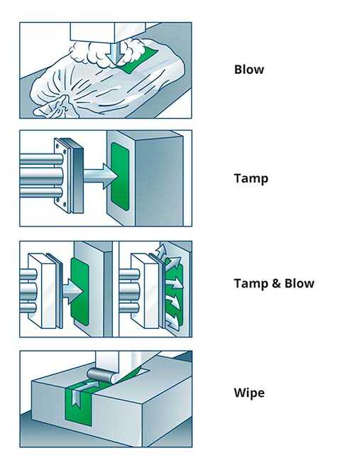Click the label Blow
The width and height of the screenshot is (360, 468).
click(249, 70)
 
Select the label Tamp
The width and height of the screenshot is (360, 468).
click(251, 178)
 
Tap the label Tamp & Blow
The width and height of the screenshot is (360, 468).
click(273, 283)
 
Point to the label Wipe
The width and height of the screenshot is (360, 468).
click(249, 392)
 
